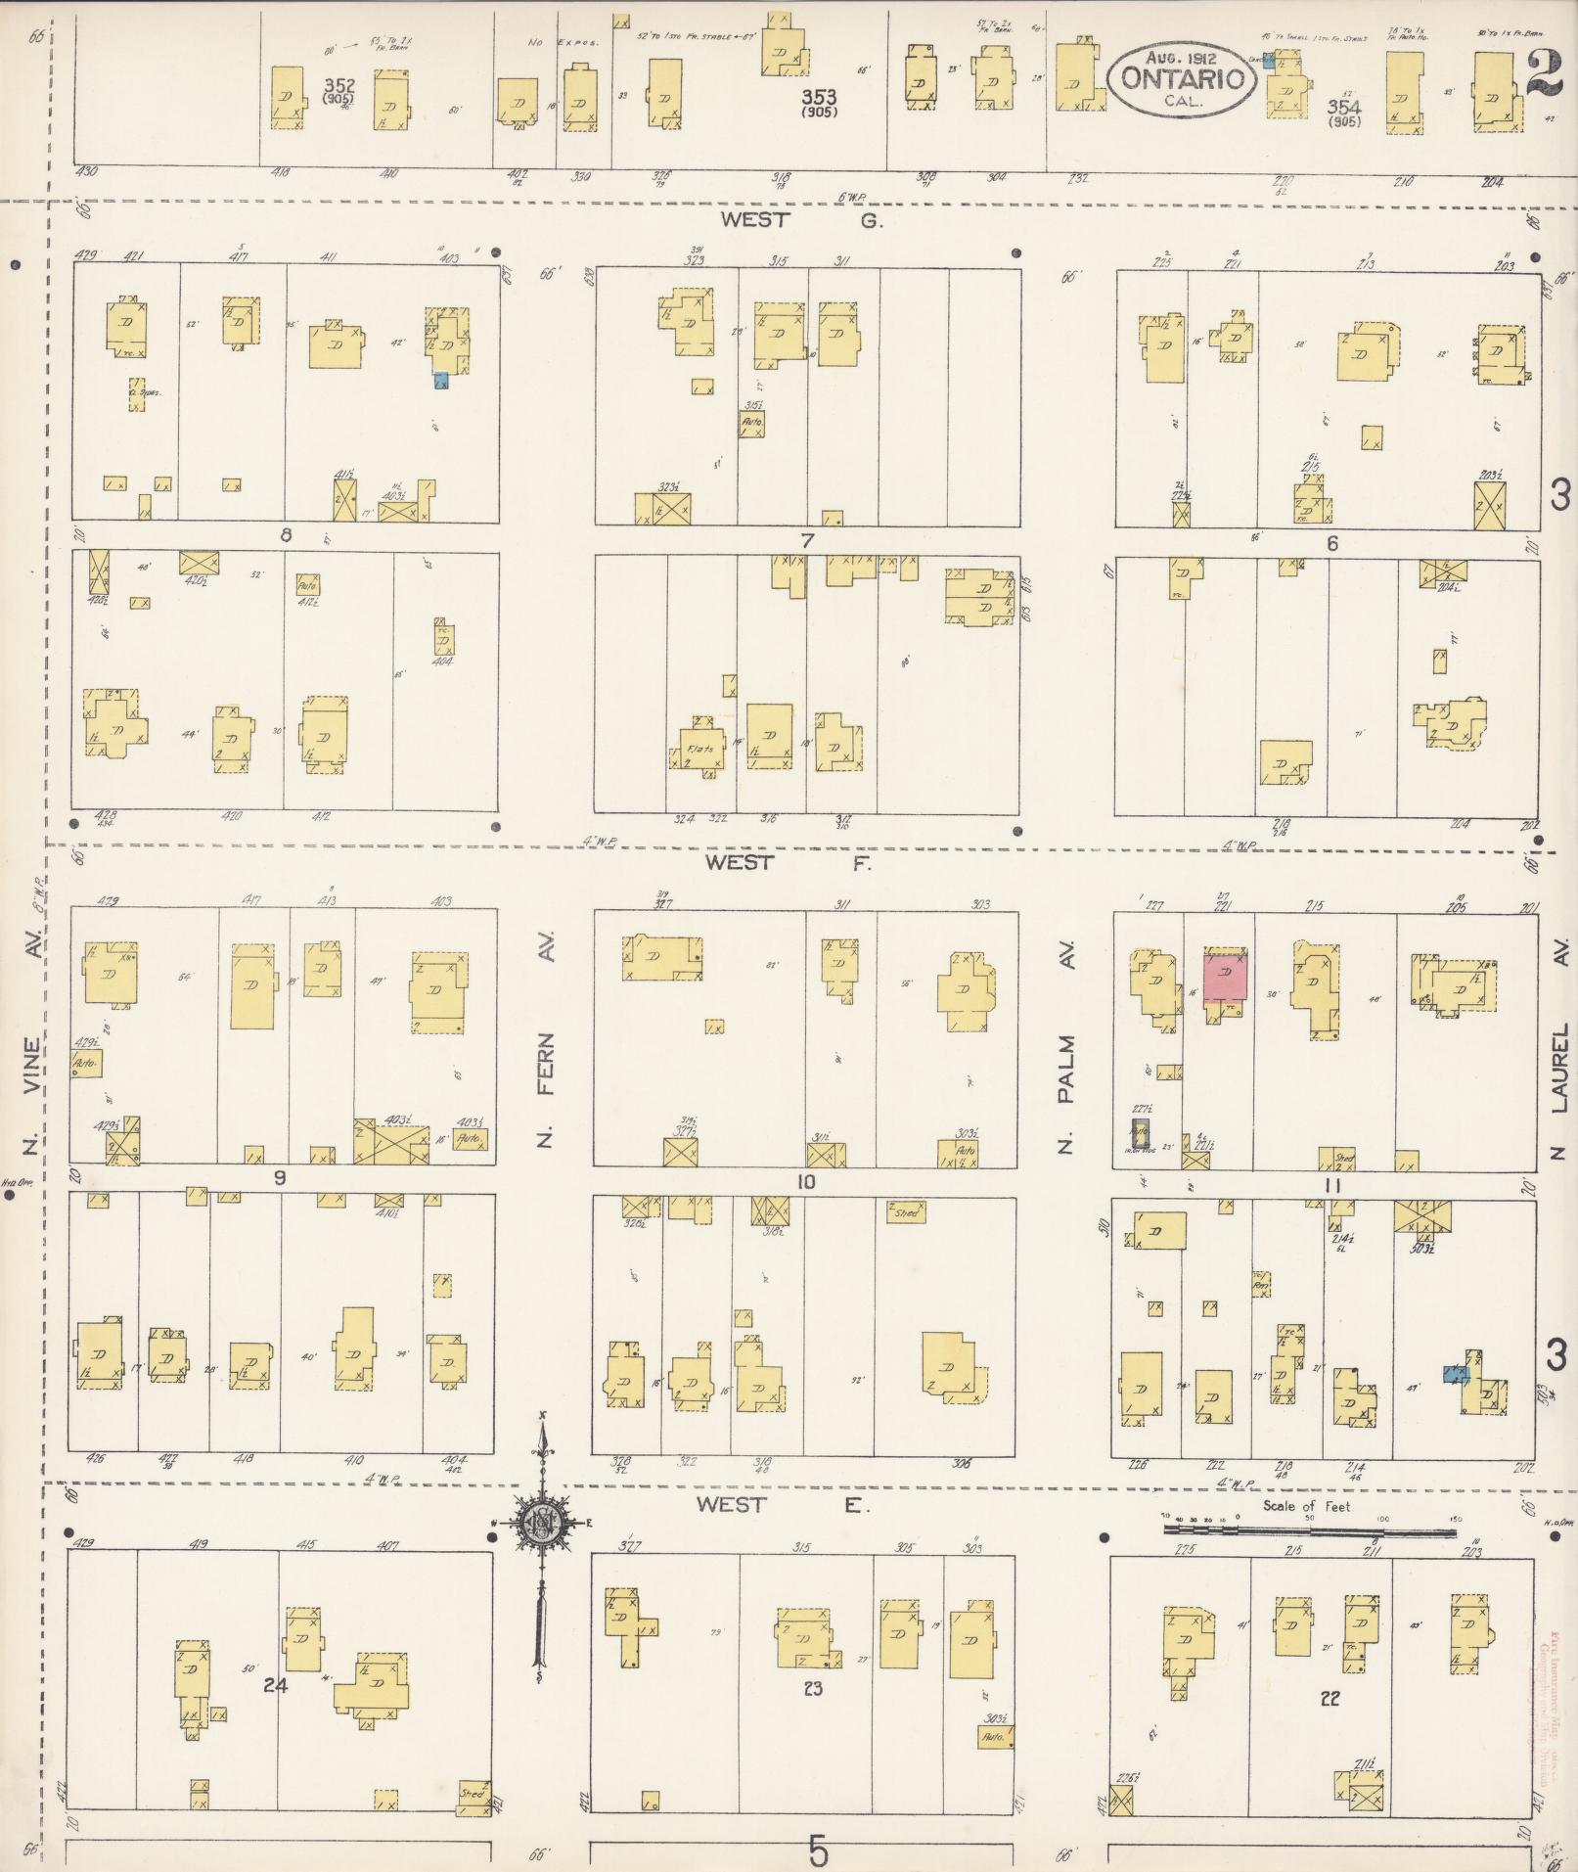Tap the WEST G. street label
tap(801, 220)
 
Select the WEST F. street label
tap(788, 862)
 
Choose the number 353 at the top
tap(818, 96)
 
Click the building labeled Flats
tap(699, 750)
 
